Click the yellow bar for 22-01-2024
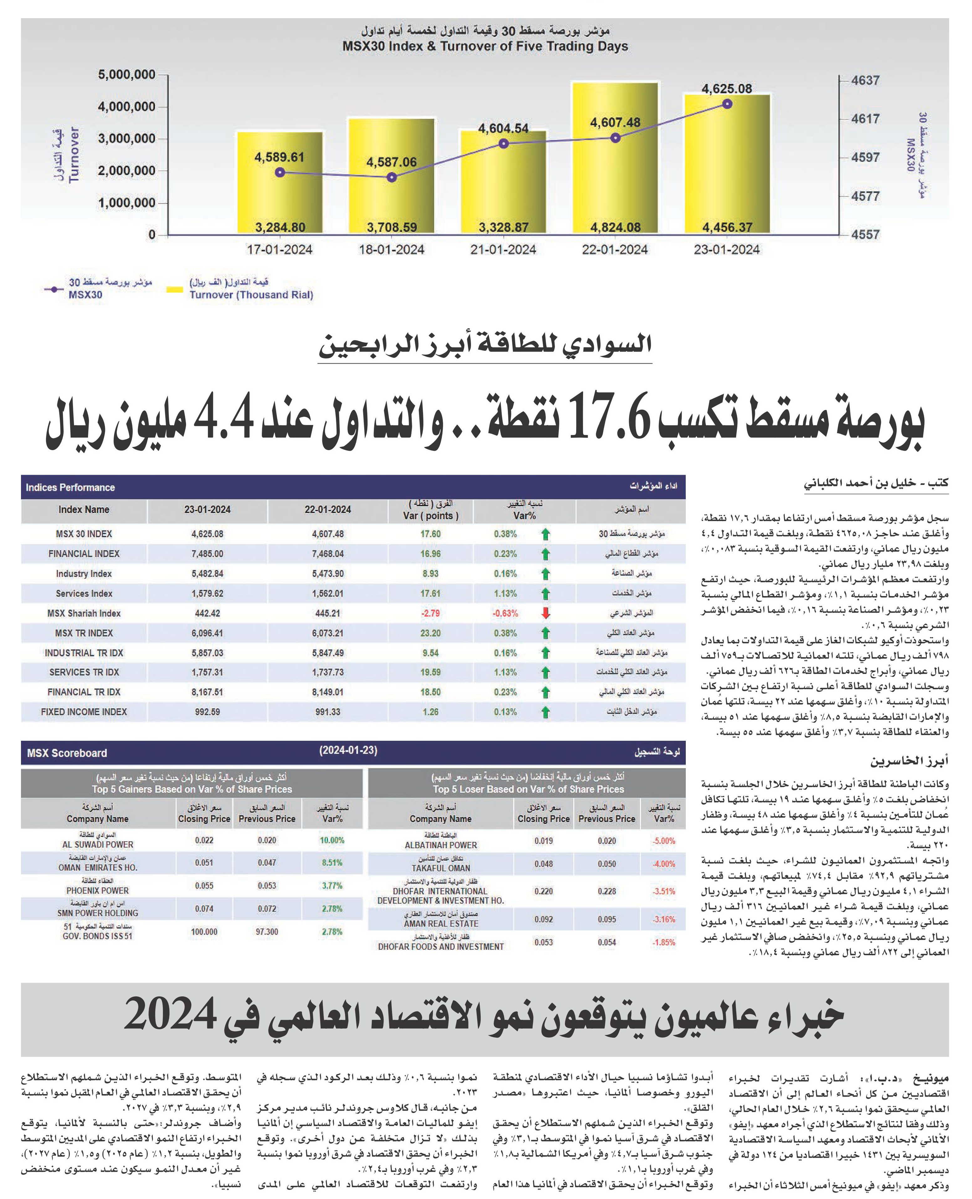tap(615, 158)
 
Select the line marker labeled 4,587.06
tap(392, 178)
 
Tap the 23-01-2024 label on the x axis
tap(727, 250)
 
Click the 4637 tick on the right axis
tap(865, 80)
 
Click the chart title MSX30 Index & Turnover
tap(485, 46)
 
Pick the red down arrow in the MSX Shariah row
tap(545, 613)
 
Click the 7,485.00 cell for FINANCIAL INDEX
tap(207, 554)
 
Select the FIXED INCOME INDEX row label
tap(84, 712)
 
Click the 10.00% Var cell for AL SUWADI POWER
tap(332, 840)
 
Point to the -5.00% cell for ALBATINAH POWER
tap(664, 841)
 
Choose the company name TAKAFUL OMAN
tap(441, 868)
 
